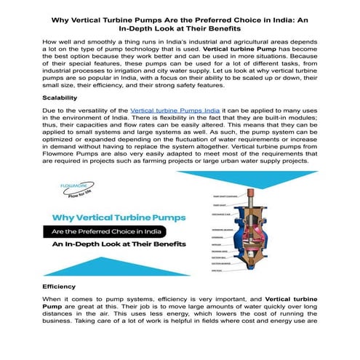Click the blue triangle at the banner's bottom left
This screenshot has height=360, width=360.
pos(65,269)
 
